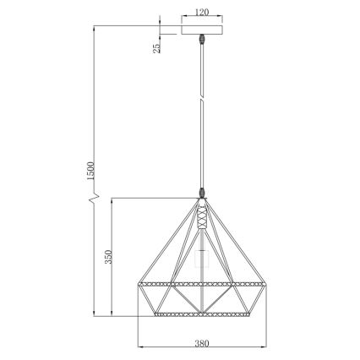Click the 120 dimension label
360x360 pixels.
pyautogui.click(x=202, y=12)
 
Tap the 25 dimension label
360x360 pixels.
pyautogui.click(x=156, y=48)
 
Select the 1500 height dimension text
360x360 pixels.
pyautogui.click(x=91, y=171)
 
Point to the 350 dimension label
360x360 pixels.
pyautogui.click(x=108, y=257)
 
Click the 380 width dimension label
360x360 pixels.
pyautogui.click(x=202, y=343)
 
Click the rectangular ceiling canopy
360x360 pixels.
pyautogui.click(x=202, y=30)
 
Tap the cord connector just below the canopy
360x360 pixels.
pyautogui.click(x=202, y=39)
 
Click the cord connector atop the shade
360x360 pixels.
pyautogui.click(x=202, y=193)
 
